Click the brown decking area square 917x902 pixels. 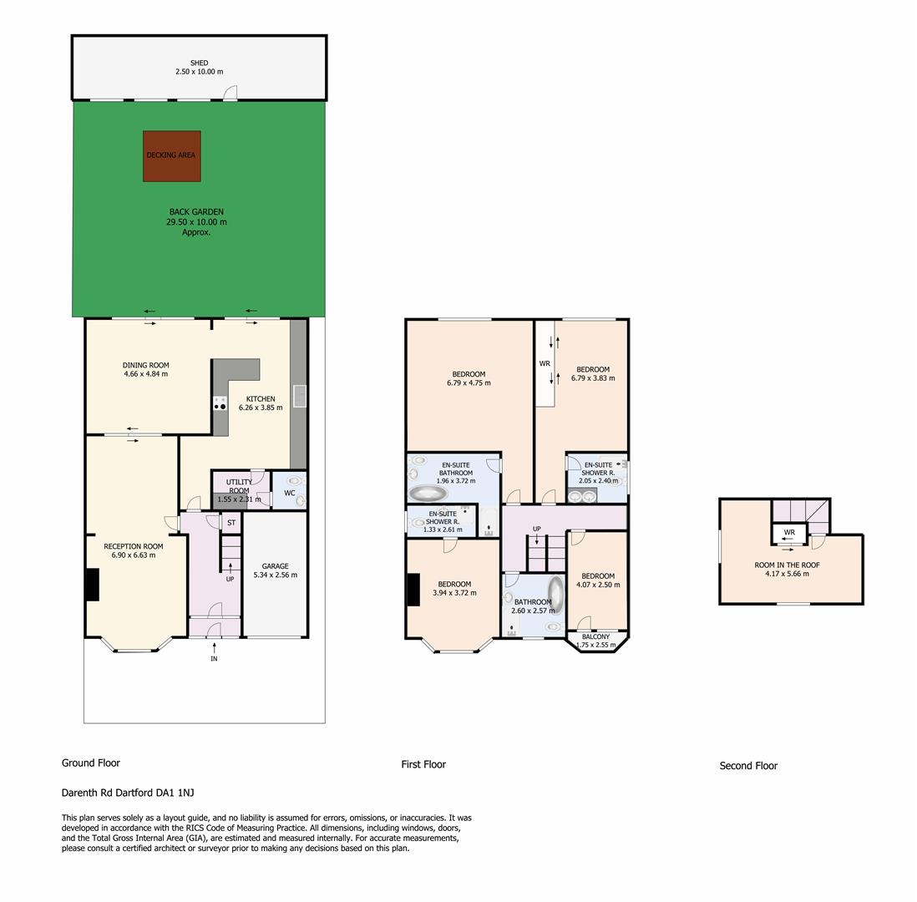(x=172, y=156)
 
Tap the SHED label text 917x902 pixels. (x=199, y=63)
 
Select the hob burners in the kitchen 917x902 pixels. (x=220, y=403)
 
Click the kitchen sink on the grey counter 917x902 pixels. (x=300, y=395)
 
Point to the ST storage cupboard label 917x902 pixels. (x=231, y=523)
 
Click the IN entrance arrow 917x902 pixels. (x=214, y=647)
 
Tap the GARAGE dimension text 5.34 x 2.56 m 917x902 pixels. (x=276, y=575)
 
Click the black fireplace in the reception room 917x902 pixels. (x=93, y=585)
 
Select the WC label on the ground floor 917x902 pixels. (x=290, y=493)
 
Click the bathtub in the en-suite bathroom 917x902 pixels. (x=428, y=493)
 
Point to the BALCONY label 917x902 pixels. (x=596, y=636)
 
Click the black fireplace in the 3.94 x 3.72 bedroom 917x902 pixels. (x=413, y=590)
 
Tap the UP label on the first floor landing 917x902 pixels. (x=537, y=529)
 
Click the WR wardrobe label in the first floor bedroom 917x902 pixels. (x=545, y=363)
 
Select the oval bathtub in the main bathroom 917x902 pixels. (x=556, y=595)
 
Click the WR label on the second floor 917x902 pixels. (x=789, y=532)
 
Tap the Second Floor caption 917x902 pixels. (x=748, y=766)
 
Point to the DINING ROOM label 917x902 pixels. (x=145, y=365)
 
